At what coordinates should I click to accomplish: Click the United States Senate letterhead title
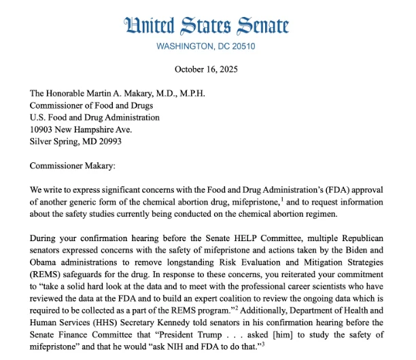[207, 26]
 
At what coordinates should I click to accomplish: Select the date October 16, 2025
[208, 69]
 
